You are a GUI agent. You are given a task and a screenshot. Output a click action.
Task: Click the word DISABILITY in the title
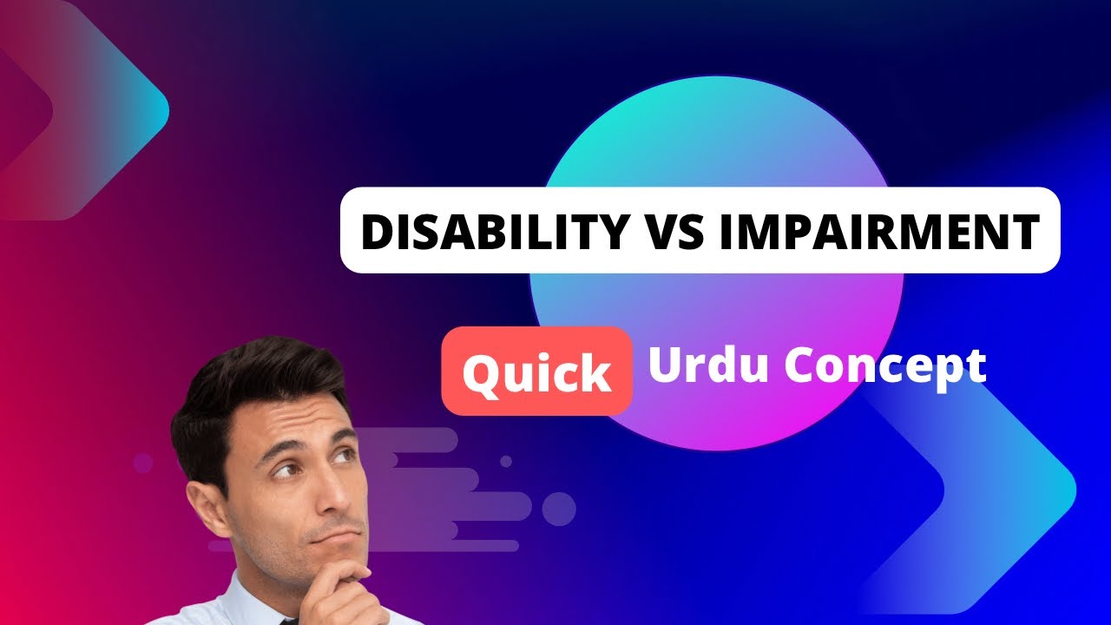coord(492,231)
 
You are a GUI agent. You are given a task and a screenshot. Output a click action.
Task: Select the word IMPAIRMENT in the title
coord(879,231)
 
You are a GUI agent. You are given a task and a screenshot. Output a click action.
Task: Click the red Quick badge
coord(536,371)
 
